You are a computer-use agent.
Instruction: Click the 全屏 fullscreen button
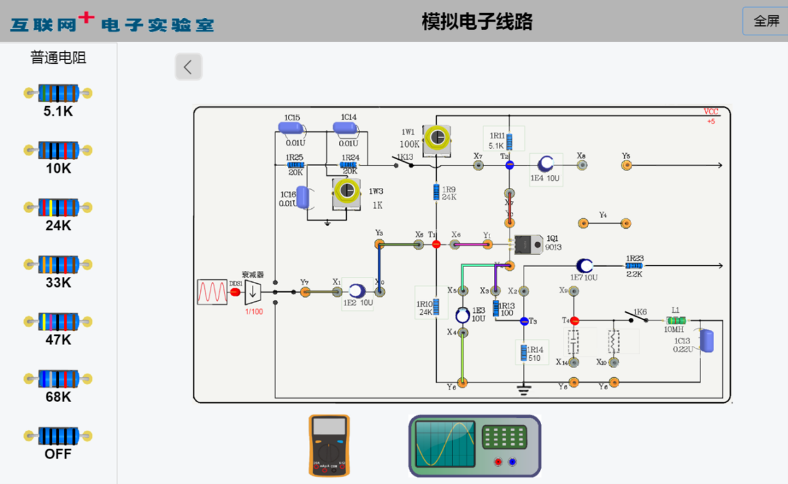766,21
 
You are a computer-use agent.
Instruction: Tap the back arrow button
189,66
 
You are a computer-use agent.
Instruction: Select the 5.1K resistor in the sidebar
58,94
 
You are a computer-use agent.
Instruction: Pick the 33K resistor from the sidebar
58,265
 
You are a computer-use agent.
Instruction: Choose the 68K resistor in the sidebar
58,379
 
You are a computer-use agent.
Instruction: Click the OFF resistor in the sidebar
58,436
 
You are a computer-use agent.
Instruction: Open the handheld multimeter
329,446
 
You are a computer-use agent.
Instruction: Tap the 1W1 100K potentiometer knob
437,138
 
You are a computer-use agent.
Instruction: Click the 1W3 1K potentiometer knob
347,190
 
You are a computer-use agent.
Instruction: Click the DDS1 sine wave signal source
212,292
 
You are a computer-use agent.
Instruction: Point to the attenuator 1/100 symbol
253,292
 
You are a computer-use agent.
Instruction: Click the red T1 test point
436,244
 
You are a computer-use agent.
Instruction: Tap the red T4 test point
574,320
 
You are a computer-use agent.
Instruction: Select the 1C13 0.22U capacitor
706,341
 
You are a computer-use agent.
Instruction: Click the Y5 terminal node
626,165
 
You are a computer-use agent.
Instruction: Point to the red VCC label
710,112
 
